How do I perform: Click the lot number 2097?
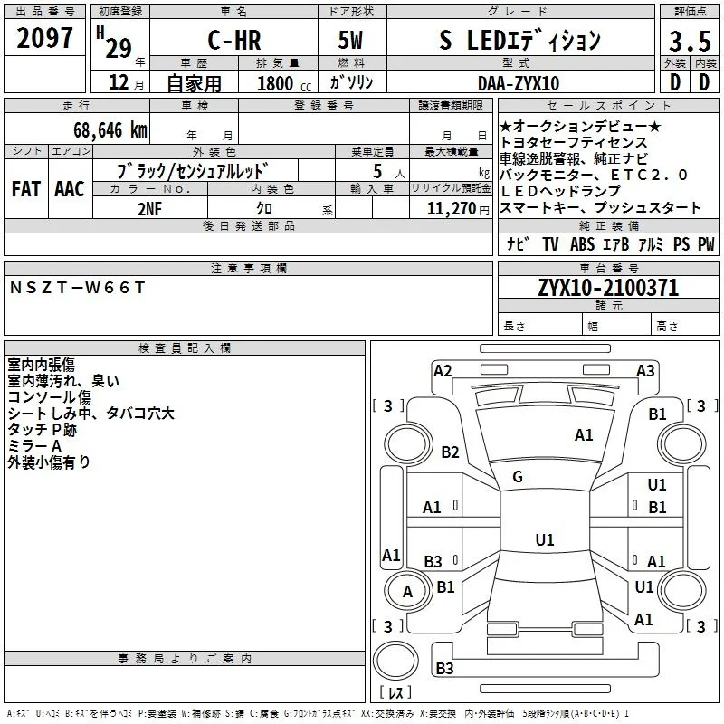(44, 38)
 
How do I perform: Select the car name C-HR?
(234, 40)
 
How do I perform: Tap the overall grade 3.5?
(690, 42)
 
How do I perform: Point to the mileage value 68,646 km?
(110, 130)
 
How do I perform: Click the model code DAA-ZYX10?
(519, 83)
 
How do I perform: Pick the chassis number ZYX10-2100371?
(608, 288)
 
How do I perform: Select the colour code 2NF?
(149, 209)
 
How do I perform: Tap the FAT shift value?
(26, 189)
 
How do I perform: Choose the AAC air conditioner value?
(70, 189)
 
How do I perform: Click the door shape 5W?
(350, 40)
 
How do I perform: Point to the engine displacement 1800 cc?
(284, 83)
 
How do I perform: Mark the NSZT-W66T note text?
(77, 288)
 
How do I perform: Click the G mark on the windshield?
(518, 477)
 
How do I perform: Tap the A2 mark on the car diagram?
(443, 371)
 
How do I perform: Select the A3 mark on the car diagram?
(645, 371)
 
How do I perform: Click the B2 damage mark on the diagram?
(450, 452)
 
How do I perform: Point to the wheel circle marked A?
(406, 591)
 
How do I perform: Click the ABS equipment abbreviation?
(582, 244)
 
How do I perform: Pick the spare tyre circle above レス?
(395, 662)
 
